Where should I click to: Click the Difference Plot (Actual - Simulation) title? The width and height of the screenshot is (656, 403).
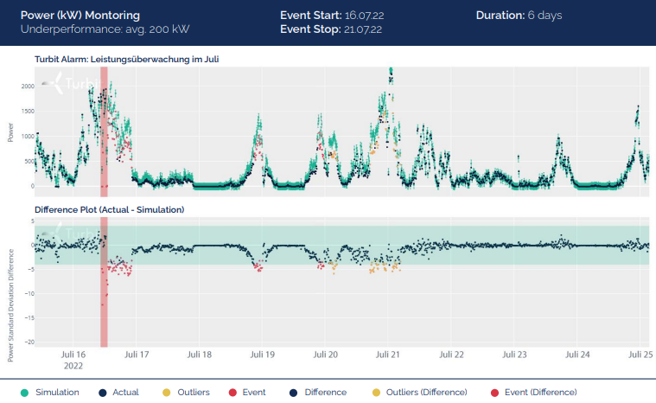point(109,210)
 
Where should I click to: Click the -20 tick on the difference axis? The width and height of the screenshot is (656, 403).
point(28,342)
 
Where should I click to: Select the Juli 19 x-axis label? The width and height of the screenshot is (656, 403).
point(262,355)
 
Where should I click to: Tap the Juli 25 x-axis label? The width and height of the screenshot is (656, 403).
point(640,355)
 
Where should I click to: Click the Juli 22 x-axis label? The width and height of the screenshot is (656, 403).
point(452,355)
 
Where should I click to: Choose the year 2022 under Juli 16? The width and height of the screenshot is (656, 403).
point(73,365)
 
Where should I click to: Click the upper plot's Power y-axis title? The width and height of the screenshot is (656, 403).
point(10,131)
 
